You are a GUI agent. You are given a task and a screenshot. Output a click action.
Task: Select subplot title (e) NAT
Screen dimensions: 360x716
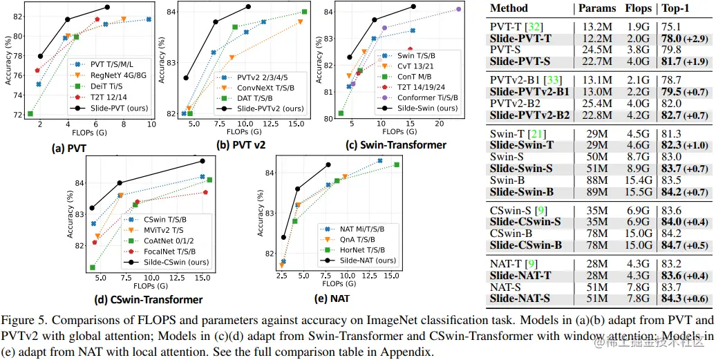point(332,299)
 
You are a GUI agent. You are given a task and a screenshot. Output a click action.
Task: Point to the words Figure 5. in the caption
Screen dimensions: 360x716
point(28,320)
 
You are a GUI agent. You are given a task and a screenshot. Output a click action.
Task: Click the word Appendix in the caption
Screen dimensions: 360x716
point(411,350)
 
